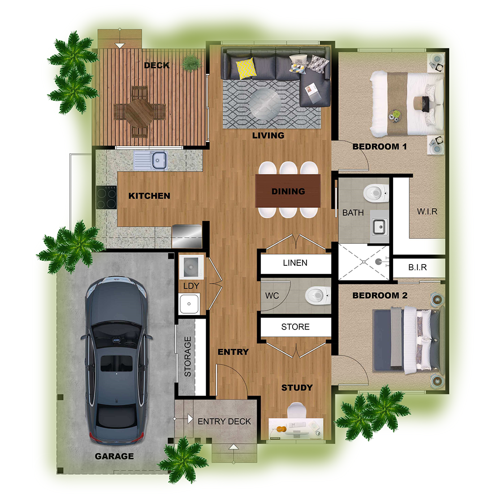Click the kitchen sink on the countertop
[x=151, y=160]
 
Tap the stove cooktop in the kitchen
[x=106, y=197]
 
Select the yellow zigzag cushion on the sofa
[x=246, y=68]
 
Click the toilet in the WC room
[x=317, y=295]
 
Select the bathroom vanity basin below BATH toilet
[x=380, y=227]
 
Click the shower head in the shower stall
[x=379, y=262]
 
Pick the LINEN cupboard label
[x=295, y=263]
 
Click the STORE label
[x=295, y=327]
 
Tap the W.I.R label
[x=427, y=211]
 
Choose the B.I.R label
[x=417, y=267]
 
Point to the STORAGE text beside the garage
[x=188, y=356]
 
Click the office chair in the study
[x=296, y=410]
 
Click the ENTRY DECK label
[x=224, y=422]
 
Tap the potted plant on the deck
[x=191, y=62]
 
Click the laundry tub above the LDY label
[x=191, y=267]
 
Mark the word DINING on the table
[x=288, y=191]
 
